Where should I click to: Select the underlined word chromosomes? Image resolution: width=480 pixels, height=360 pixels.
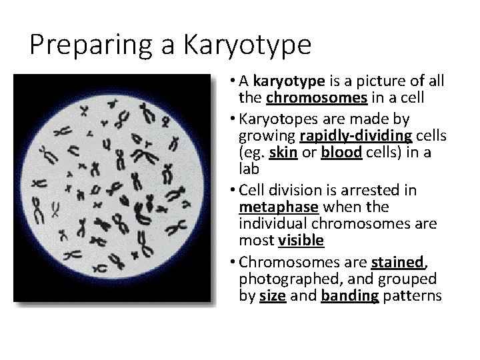click(x=317, y=99)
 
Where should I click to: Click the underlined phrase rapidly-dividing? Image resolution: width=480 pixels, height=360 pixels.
click(x=356, y=136)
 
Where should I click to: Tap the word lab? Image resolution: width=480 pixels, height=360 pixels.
click(x=248, y=169)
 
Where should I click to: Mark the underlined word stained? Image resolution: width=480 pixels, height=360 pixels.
click(x=397, y=261)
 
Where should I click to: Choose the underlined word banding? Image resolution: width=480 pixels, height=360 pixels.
click(x=349, y=295)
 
